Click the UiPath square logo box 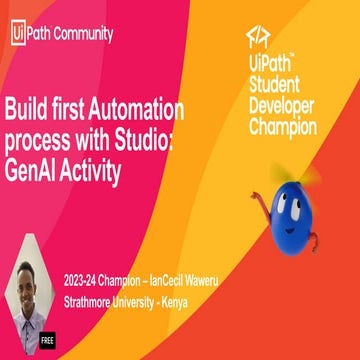coord(18,33)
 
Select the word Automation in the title coord(134,109)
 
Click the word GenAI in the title coord(37,172)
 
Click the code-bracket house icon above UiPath coord(256,39)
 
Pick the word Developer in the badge coord(281,105)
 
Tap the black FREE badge coord(47,339)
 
